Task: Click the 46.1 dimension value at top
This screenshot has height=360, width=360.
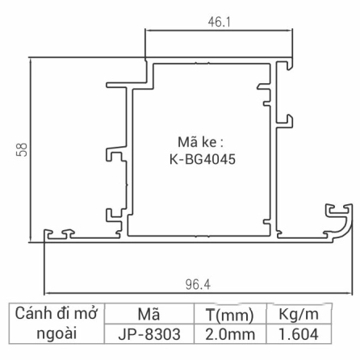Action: point(219,23)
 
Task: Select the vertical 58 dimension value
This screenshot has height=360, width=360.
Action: point(22,149)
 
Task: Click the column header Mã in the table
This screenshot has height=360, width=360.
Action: point(143,313)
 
